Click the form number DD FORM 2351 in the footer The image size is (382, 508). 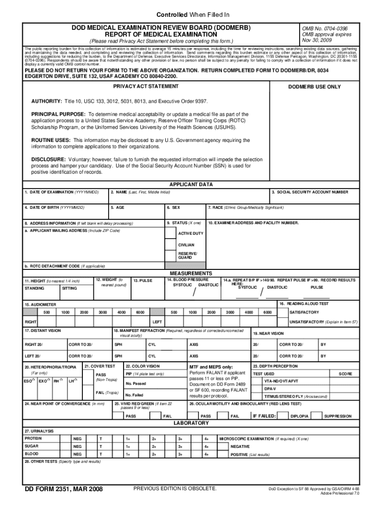click(64, 490)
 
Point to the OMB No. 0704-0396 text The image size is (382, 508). click(325, 28)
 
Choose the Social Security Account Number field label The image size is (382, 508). click(310, 192)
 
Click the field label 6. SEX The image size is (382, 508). click(173, 207)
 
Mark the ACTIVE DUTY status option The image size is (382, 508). click(191, 233)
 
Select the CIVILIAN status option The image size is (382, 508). click(187, 245)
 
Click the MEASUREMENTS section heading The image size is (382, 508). click(191, 273)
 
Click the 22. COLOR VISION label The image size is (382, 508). click(142, 366)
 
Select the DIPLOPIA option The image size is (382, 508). click(300, 416)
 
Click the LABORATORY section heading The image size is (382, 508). click(191, 423)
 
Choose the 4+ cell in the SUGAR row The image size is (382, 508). click(206, 446)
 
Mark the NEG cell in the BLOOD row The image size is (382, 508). click(77, 454)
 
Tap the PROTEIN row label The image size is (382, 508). click(33, 439)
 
